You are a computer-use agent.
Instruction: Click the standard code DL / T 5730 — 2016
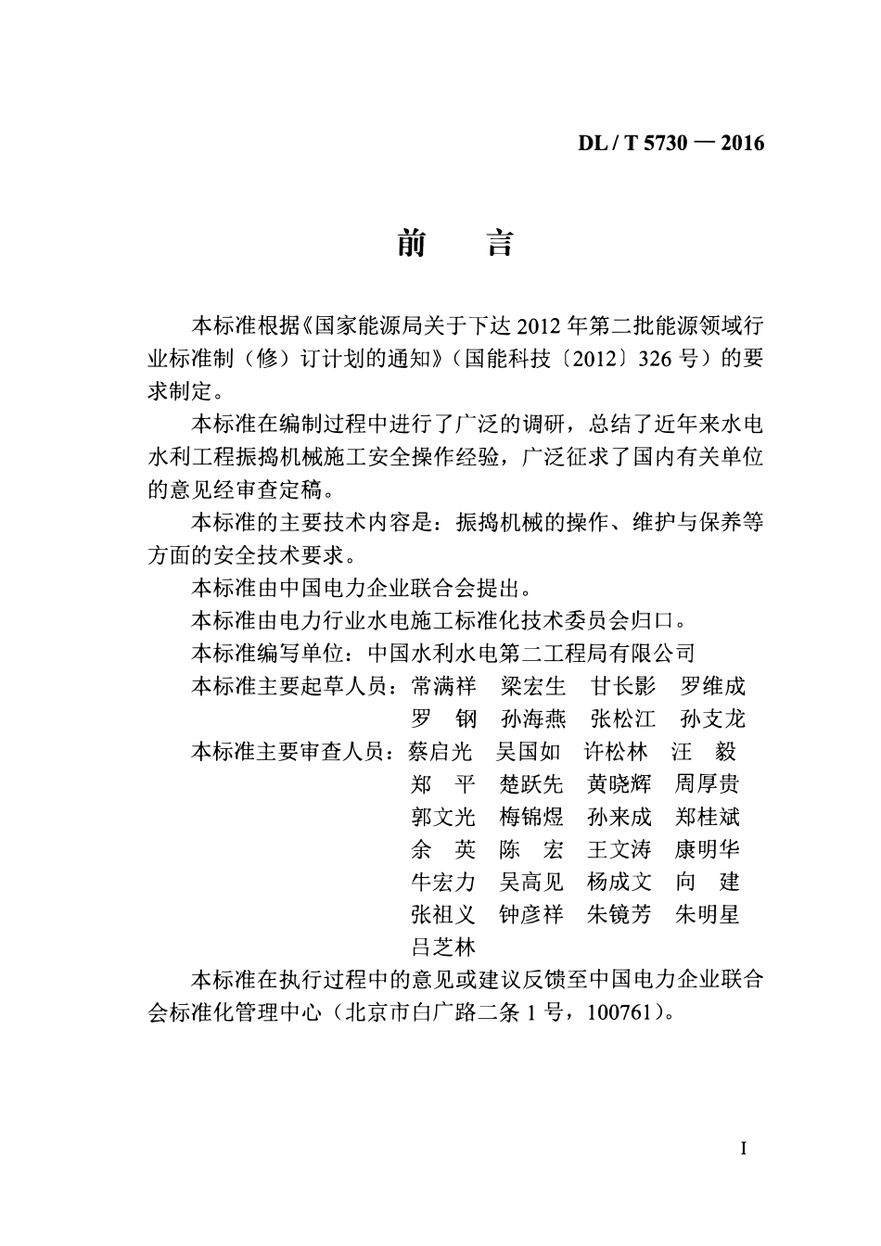(671, 143)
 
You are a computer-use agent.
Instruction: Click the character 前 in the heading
(411, 243)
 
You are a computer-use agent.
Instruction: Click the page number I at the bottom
(744, 1149)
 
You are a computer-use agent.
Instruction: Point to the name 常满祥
(443, 686)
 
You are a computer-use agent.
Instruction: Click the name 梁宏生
(532, 686)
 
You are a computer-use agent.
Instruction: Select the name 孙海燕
(532, 718)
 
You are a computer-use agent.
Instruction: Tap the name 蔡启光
(441, 751)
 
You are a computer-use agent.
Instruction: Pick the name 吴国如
(529, 751)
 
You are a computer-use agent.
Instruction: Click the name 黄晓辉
(619, 784)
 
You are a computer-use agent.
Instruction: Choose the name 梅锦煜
(531, 817)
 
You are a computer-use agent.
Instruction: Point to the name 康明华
(708, 849)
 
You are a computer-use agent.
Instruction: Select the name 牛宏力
(443, 882)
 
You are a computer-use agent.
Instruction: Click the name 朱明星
(708, 914)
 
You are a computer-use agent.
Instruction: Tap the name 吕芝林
(443, 947)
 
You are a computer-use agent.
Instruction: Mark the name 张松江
(622, 718)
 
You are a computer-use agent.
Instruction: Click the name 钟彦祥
(531, 914)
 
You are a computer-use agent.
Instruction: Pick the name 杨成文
(619, 882)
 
